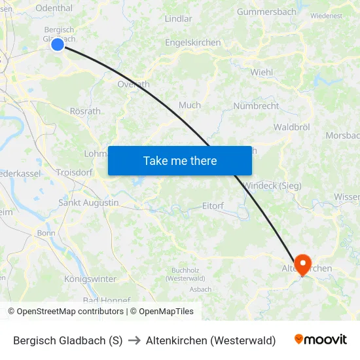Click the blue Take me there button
pyautogui.click(x=180, y=160)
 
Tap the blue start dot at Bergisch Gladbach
pyautogui.click(x=58, y=45)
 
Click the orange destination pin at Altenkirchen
pyautogui.click(x=302, y=264)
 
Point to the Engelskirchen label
pyautogui.click(x=193, y=43)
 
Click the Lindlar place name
pyautogui.click(x=179, y=19)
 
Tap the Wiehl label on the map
pyautogui.click(x=261, y=73)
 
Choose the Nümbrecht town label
pyautogui.click(x=256, y=106)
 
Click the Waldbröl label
pyautogui.click(x=291, y=127)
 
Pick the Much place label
pyautogui.click(x=190, y=105)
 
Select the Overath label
pyautogui.click(x=134, y=84)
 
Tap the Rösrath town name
pyautogui.click(x=85, y=111)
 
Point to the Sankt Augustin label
pyautogui.click(x=88, y=203)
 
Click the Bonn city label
pyautogui.click(x=46, y=233)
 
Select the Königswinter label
pyautogui.click(x=90, y=279)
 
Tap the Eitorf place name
pyautogui.click(x=213, y=206)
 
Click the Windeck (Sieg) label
pyautogui.click(x=272, y=186)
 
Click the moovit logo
pyautogui.click(x=320, y=340)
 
